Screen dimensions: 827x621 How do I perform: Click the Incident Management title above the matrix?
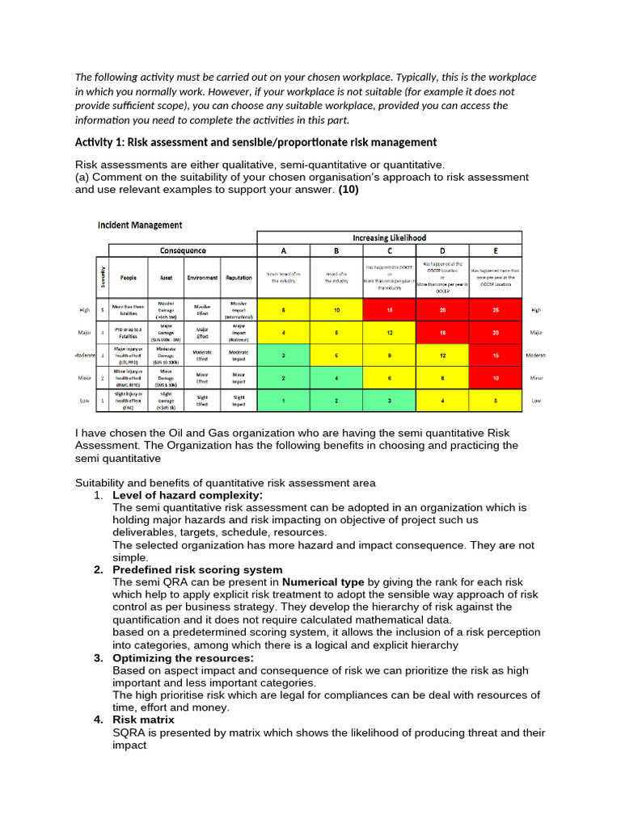[140, 225]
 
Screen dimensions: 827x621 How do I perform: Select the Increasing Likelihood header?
[389, 237]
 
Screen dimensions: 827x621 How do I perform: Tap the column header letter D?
[441, 250]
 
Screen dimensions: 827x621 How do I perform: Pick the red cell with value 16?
[441, 332]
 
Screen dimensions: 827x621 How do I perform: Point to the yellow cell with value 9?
[389, 355]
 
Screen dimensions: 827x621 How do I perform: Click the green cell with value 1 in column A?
[283, 401]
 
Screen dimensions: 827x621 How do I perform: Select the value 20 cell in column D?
[441, 310]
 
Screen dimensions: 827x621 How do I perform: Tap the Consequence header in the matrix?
[183, 250]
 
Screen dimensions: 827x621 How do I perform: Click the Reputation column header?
[239, 277]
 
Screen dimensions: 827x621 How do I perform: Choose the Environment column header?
[202, 277]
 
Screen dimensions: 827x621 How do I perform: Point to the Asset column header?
[166, 277]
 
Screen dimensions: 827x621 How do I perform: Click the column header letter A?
[283, 250]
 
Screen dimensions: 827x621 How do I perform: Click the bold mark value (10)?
[349, 191]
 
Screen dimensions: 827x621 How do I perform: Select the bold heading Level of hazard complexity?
[188, 495]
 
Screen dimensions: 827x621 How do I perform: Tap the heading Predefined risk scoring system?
[197, 569]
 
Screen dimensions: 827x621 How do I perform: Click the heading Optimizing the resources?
[184, 658]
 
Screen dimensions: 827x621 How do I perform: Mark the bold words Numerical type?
[323, 581]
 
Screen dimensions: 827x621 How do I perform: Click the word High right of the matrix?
[536, 310]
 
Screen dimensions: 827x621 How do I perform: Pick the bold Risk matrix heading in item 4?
[143, 720]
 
